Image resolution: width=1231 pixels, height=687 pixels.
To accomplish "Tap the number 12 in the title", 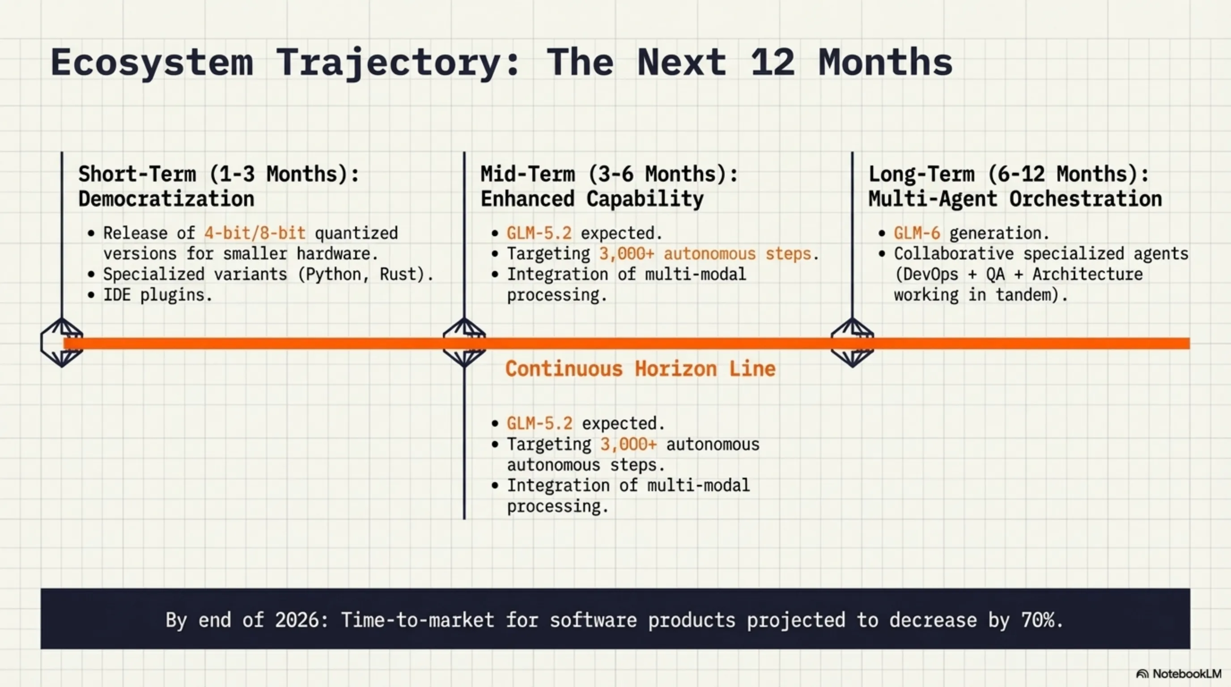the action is click(773, 62).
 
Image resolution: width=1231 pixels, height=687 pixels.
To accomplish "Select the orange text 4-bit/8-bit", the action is click(255, 233).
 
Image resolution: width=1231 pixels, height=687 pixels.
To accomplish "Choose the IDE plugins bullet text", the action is click(158, 295).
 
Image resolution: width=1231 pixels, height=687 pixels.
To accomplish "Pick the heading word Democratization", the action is click(166, 199).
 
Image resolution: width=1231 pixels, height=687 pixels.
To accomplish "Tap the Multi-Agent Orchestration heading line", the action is click(1015, 199).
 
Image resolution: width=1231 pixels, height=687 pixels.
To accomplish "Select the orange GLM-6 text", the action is click(917, 233).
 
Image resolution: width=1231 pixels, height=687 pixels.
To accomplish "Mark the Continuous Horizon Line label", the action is click(641, 369).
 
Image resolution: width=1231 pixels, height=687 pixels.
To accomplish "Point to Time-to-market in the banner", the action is click(417, 620).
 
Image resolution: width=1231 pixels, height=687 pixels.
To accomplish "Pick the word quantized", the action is click(356, 233).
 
